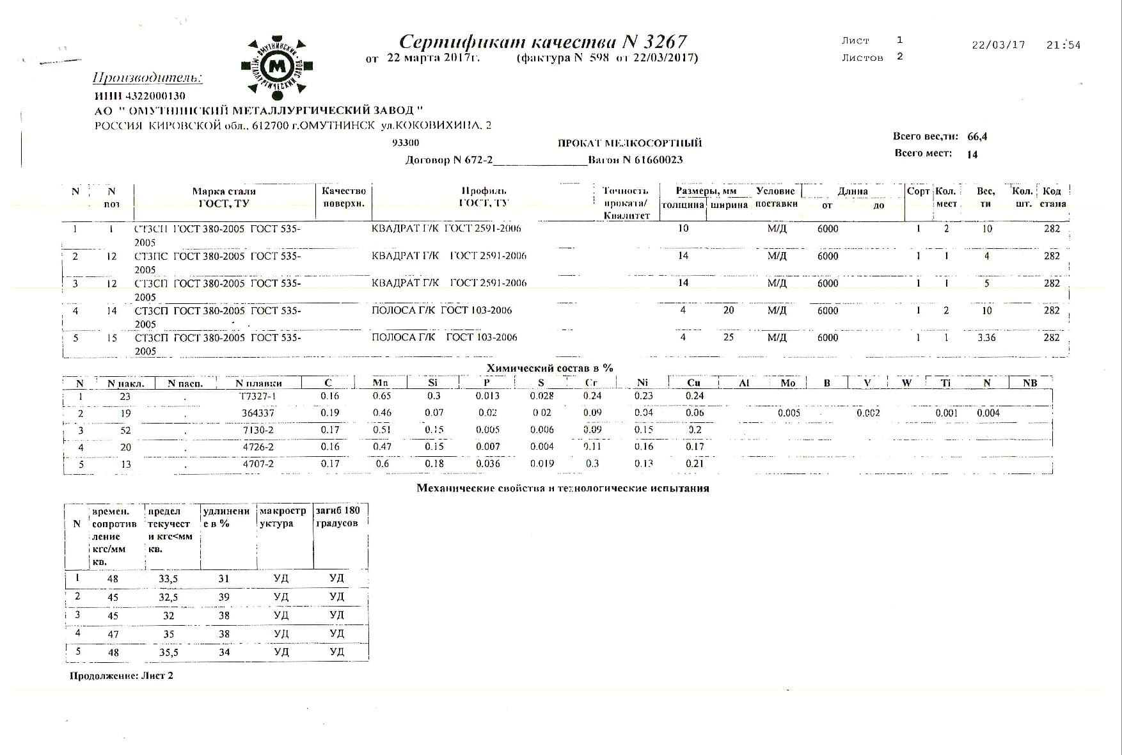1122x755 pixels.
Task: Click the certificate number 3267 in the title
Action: click(665, 42)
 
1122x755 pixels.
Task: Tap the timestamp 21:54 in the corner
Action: click(1063, 45)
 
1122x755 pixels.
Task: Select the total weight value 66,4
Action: click(977, 137)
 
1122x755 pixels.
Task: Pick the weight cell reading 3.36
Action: click(986, 338)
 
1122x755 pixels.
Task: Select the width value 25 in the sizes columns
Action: click(728, 337)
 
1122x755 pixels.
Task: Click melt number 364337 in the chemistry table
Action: click(258, 413)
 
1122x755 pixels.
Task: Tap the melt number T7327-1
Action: click(258, 396)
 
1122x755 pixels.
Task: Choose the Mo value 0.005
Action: click(789, 413)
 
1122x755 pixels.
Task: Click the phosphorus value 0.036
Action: click(488, 464)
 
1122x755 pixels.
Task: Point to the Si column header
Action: click(433, 383)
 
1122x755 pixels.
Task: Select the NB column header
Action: click(1029, 383)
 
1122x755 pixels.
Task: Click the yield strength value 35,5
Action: click(168, 653)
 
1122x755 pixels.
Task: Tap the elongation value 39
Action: click(224, 597)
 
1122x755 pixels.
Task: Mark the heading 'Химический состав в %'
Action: click(549, 368)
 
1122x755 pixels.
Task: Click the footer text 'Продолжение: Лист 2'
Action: click(121, 676)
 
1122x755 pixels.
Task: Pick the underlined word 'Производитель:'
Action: click(147, 79)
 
